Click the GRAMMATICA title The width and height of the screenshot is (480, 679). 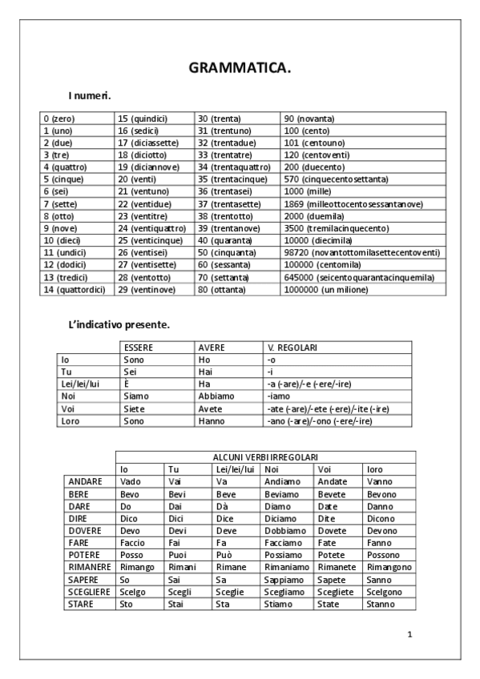(x=240, y=69)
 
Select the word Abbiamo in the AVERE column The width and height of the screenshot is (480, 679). (x=216, y=396)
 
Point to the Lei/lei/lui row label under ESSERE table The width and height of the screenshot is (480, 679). (x=81, y=384)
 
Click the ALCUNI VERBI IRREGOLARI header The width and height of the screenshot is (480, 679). (x=264, y=456)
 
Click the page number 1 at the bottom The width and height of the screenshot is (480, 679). (x=409, y=634)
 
